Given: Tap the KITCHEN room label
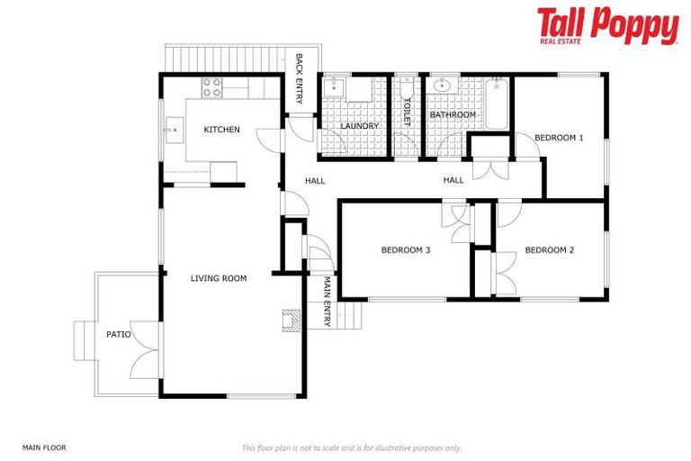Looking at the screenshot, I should (221, 130).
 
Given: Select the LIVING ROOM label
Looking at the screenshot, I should (219, 278).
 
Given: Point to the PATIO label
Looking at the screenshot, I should (118, 334).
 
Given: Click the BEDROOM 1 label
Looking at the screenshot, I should (559, 138).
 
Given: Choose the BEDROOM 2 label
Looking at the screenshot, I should (549, 249).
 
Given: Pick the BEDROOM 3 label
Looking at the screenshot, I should (405, 249).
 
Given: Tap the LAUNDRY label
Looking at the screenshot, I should (359, 126).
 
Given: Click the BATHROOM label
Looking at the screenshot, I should (452, 115).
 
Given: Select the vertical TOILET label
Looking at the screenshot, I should (407, 111).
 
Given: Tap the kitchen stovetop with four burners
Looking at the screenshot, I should (211, 87).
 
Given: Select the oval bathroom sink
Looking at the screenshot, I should (441, 86).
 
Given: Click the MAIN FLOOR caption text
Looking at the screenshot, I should (44, 447).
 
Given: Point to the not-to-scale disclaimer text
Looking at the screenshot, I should (351, 447).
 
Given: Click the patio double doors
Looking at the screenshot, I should (144, 349).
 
